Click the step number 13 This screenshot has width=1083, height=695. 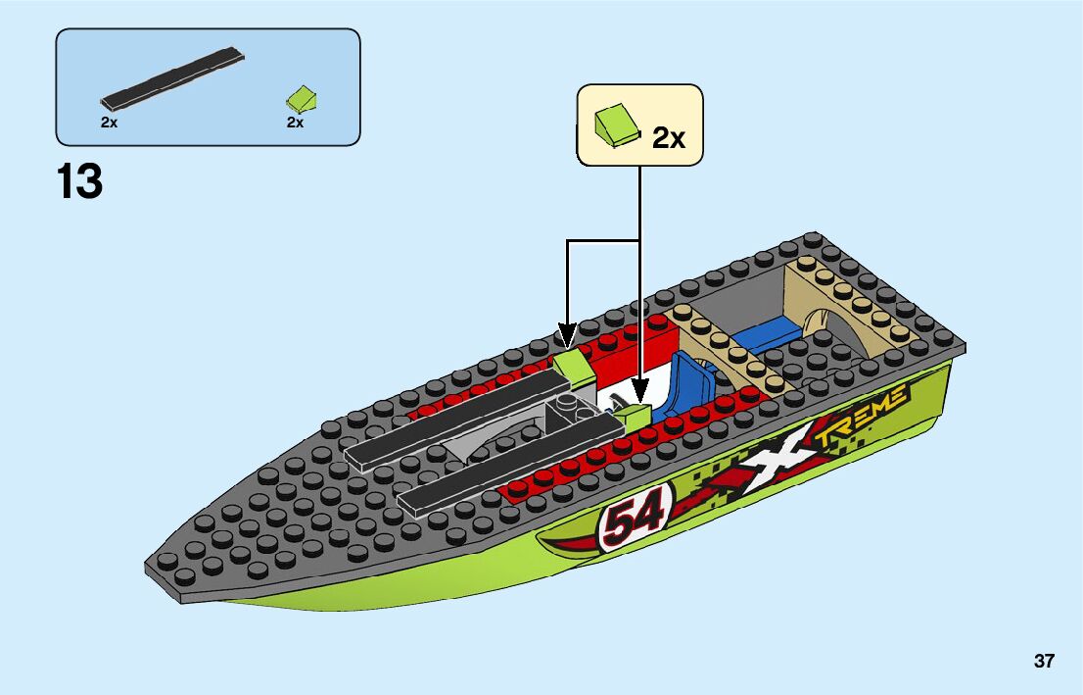(x=79, y=182)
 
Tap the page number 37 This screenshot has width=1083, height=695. (x=1044, y=661)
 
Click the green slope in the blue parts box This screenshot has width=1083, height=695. (x=303, y=98)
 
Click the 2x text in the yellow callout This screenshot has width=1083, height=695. (x=669, y=137)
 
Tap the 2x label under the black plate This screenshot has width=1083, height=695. (x=109, y=123)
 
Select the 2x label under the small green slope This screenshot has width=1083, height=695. (x=295, y=123)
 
